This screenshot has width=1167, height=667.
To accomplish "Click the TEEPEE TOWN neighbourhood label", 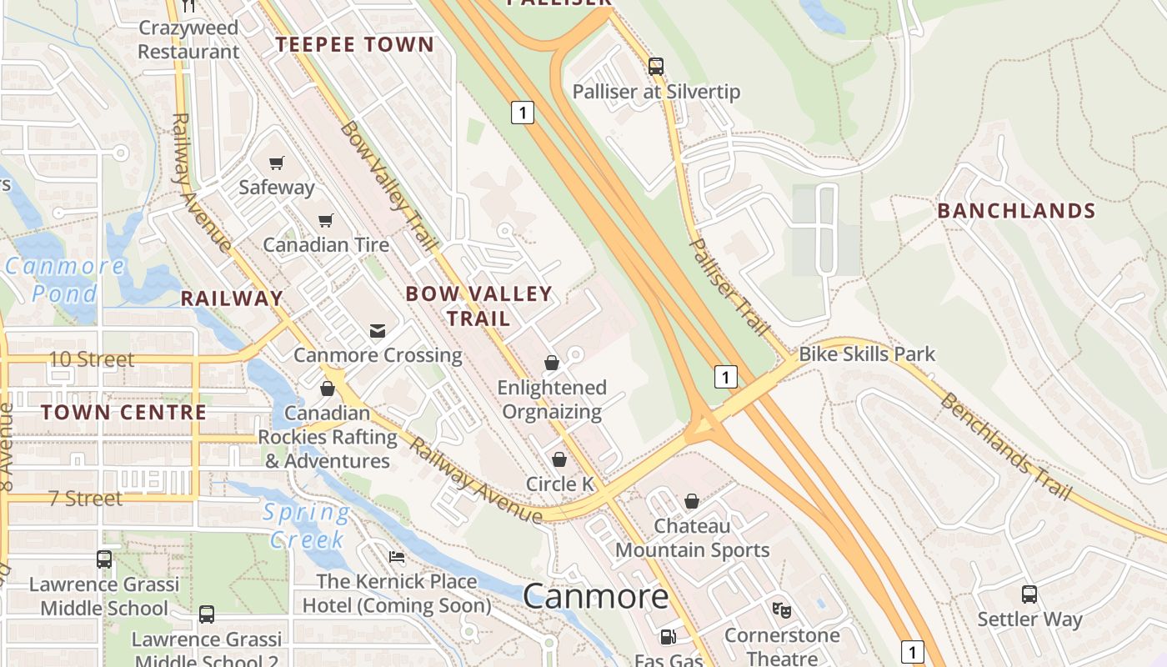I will coord(355,45).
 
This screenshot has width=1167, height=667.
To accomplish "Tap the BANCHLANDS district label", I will coord(1016,211).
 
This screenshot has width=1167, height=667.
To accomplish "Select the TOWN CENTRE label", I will coord(123,413).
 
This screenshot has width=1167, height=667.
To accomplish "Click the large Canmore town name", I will coord(596,596).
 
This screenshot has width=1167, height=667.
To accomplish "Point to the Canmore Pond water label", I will coord(65,280).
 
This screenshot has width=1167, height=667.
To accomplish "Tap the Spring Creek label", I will coord(307,526).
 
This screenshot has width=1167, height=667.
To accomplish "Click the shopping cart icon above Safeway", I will coord(277,163).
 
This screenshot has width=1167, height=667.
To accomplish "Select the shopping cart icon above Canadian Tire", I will coord(325,220).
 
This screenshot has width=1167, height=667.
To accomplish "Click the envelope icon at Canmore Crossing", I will coord(378,331).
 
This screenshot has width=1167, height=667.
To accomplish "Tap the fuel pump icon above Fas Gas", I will coord(668,637).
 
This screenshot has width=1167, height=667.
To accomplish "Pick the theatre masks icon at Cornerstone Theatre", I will coord(781,610).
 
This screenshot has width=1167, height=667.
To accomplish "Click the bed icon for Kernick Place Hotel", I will coord(397,557).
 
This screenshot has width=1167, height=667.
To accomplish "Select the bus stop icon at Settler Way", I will coord(1029,594).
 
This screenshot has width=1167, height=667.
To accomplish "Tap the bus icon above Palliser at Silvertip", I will coord(656,67).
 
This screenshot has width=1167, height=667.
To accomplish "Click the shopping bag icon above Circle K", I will coord(559,459).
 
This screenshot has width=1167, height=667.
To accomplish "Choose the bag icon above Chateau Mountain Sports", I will coord(692,501).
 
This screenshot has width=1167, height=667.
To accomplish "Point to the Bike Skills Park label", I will coord(867,354).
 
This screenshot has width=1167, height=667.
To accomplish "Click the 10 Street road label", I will coord(92,359).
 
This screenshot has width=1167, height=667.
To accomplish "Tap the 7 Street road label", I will coord(85,499).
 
